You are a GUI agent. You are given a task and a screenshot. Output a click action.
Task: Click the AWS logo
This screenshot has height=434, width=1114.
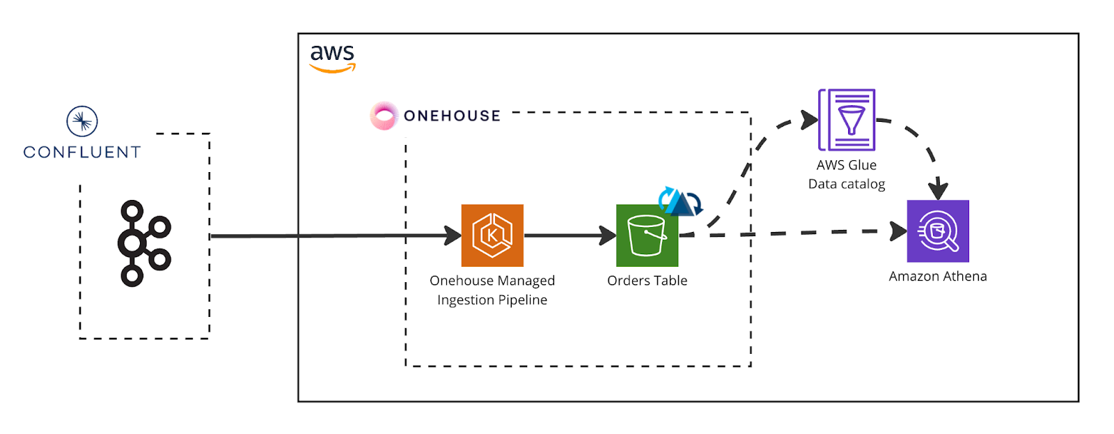point(333,58)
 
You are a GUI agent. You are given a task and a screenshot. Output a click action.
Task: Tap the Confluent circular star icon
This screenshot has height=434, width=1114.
point(82,122)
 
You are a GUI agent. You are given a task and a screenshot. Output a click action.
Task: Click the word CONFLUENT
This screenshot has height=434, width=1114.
point(82,152)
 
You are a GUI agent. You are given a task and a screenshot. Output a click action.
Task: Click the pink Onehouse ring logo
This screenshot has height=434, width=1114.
point(383,116)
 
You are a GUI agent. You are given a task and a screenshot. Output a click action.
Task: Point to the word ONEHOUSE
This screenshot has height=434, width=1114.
point(452,116)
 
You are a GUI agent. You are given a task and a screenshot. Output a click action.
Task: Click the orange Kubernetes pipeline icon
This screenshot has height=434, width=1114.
point(492,235)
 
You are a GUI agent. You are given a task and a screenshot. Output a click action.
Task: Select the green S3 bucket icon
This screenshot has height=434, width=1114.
point(647,235)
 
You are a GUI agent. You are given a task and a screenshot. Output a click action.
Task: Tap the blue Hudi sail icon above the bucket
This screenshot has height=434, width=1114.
point(680,201)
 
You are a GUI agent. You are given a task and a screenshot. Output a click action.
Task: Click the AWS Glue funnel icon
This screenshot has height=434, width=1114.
point(847,120)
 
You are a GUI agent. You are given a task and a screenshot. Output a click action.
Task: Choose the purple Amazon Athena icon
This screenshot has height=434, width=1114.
point(938,231)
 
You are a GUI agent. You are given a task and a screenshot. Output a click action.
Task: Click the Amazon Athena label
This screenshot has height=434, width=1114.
point(938,277)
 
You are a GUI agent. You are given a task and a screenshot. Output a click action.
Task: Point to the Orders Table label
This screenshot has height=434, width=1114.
point(647,281)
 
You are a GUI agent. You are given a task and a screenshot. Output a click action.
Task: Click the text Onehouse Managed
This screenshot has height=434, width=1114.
point(492,281)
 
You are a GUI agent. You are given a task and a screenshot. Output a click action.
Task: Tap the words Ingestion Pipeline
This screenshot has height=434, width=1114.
point(492,300)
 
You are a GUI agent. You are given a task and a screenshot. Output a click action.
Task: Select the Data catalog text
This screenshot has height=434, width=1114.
point(847,184)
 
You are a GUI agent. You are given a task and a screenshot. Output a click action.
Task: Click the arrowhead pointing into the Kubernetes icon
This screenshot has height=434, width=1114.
point(453,235)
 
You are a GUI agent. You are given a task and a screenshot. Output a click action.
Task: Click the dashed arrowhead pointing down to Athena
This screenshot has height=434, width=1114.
point(939,189)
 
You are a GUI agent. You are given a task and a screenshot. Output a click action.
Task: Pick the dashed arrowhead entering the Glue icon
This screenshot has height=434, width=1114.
point(810,120)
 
